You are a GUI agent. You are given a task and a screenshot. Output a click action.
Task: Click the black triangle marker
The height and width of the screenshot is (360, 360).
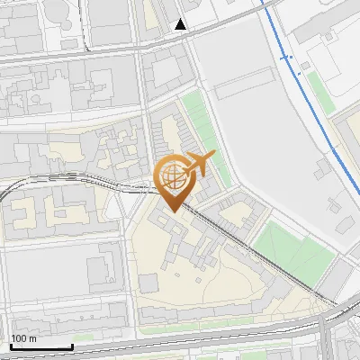pos(182,24)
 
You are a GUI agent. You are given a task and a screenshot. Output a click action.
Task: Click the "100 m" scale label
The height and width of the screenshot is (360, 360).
pos(24,338)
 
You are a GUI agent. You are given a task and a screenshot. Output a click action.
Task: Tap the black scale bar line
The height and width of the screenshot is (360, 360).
pos(41,346)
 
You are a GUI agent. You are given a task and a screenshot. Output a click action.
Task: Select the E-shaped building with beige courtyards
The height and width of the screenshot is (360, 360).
pos(49,209)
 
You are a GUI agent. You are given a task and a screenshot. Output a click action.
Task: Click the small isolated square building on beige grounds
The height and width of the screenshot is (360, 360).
pos(148,283)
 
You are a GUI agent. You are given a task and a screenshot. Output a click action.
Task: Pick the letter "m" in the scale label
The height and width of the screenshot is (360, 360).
pos(32,338)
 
